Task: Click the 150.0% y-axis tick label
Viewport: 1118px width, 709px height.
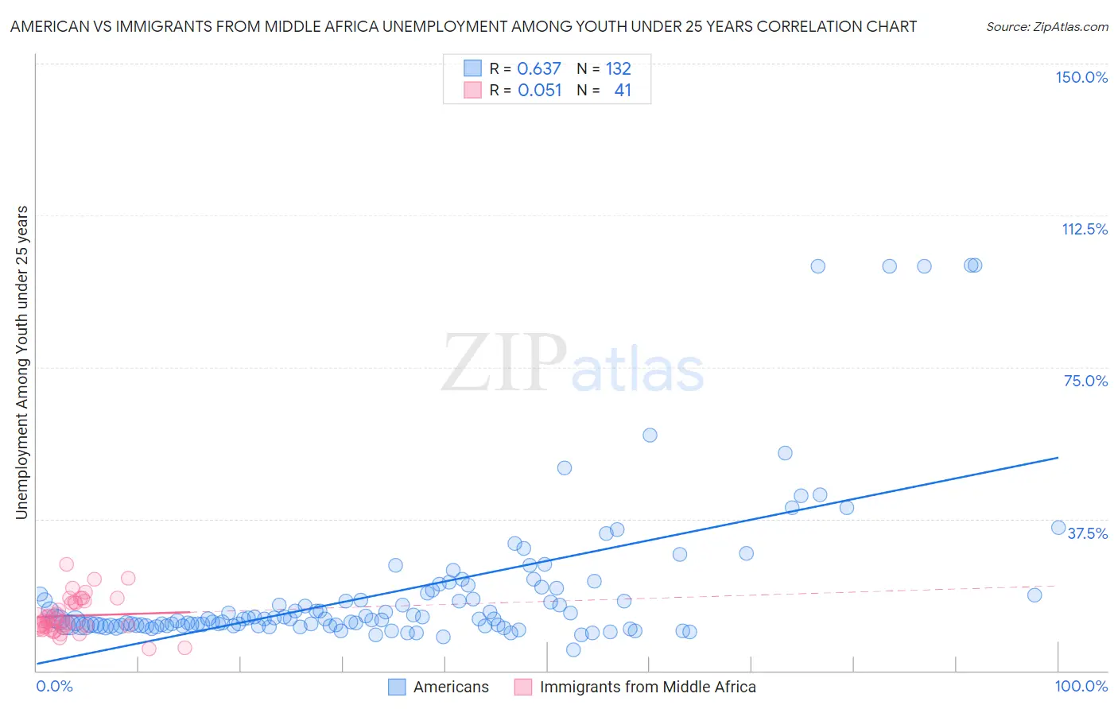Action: click(1081, 77)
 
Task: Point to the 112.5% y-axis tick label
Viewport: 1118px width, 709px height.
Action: click(1084, 229)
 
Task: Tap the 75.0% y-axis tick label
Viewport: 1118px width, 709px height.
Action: click(1085, 381)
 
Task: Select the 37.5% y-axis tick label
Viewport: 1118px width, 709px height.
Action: click(1087, 533)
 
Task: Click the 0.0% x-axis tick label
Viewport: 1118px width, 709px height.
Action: click(54, 686)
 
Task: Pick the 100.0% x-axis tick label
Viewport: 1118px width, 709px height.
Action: click(1081, 686)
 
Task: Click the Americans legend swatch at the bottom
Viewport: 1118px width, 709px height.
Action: click(397, 687)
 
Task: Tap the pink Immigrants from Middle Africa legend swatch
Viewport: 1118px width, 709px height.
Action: click(522, 687)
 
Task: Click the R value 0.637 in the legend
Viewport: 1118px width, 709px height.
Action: click(539, 69)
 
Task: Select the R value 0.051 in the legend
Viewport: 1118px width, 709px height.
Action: click(539, 91)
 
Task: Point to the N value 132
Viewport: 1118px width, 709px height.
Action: click(618, 69)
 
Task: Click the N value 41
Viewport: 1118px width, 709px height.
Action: click(623, 91)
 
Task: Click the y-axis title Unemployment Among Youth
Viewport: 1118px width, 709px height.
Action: click(21, 362)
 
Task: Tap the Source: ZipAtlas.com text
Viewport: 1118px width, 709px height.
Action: click(1046, 27)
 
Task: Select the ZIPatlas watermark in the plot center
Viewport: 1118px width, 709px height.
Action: click(573, 364)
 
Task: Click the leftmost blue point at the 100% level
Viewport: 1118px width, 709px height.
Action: click(817, 266)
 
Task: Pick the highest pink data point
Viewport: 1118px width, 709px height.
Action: click(66, 564)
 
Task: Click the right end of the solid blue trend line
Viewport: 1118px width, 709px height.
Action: click(1058, 458)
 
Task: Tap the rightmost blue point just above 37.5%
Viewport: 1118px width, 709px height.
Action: click(1058, 528)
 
